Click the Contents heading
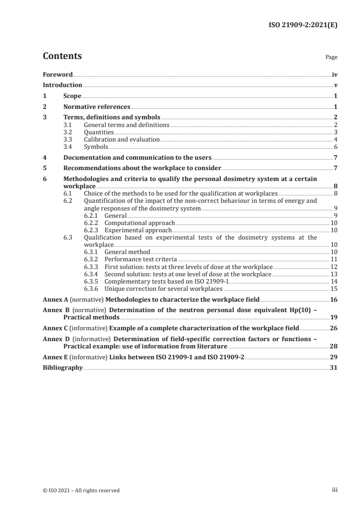point(62,56)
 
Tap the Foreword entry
point(58,74)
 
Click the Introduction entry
point(62,85)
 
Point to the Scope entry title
point(72,96)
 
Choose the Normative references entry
point(97,107)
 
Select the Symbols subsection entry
point(96,147)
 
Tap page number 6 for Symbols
point(335,147)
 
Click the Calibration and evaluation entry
point(122,139)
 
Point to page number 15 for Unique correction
point(334,288)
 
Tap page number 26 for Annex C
point(334,328)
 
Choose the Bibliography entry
point(63,367)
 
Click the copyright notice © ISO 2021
point(81,490)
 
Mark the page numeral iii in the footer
point(335,490)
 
